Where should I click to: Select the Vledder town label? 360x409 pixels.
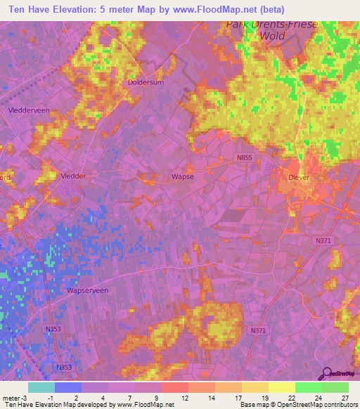pyautogui.click(x=73, y=176)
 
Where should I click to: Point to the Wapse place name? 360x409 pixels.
pyautogui.click(x=183, y=177)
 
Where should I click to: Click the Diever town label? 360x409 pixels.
pyautogui.click(x=299, y=178)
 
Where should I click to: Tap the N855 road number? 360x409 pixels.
pyautogui.click(x=244, y=158)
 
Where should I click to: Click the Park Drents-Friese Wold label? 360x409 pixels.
pyautogui.click(x=271, y=29)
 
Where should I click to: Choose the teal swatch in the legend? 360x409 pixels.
pyautogui.click(x=41, y=387)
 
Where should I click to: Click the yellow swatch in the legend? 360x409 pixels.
pyautogui.click(x=281, y=387)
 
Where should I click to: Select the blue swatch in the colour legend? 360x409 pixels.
pyautogui.click(x=67, y=387)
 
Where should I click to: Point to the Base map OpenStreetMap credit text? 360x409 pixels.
pyautogui.click(x=297, y=405)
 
